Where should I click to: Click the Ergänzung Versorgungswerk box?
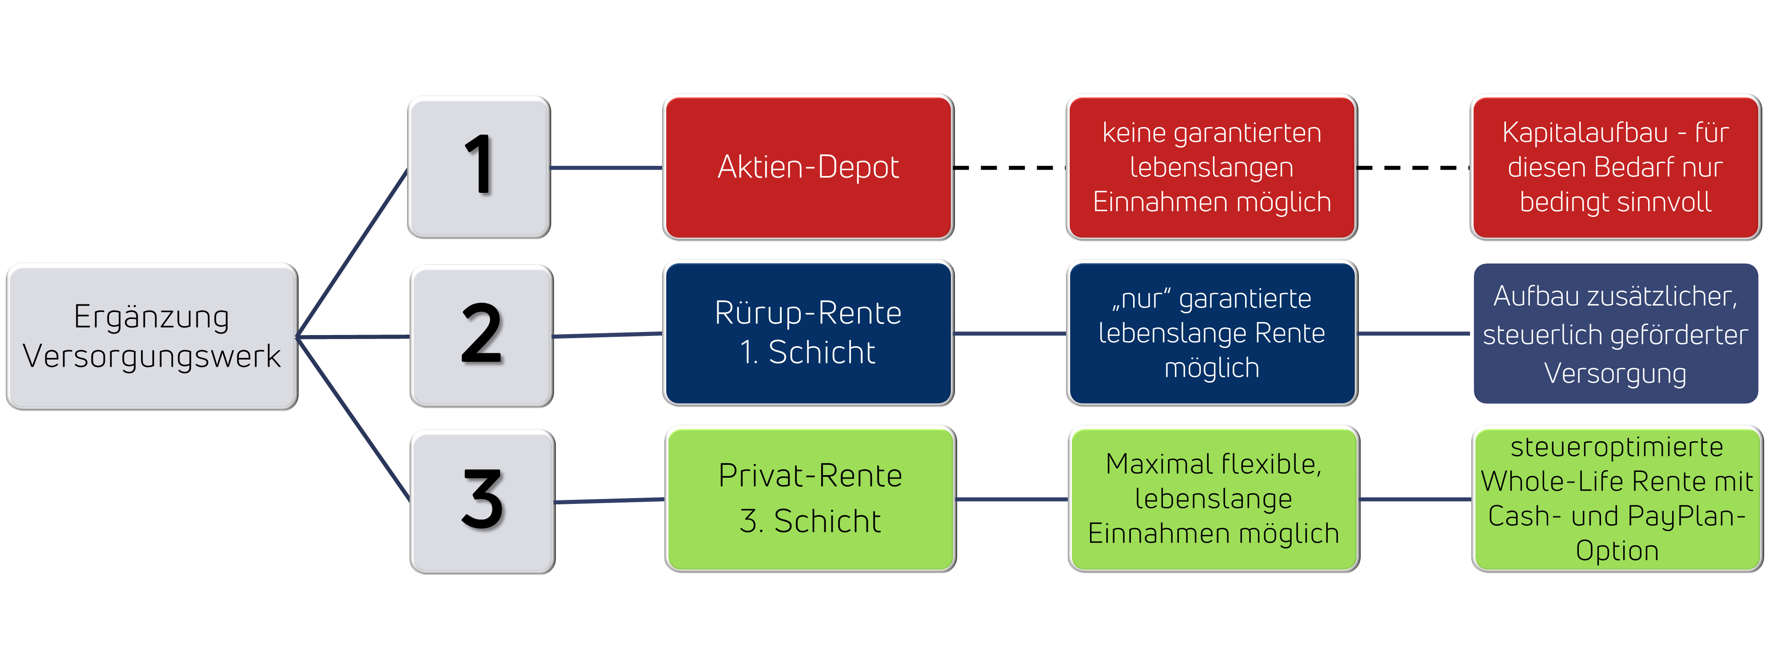coord(152,336)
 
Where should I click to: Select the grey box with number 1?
coord(479,167)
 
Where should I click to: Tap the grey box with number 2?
coord(481,336)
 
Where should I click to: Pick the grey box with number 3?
coord(482,501)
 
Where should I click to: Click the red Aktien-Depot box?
coord(807,167)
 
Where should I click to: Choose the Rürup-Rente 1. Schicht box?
coord(807,332)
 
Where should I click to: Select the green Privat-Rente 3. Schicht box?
coord(810,498)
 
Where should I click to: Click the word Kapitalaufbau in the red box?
coord(1585,133)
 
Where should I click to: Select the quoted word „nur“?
coord(1141,299)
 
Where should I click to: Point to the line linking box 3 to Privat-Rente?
coord(608,500)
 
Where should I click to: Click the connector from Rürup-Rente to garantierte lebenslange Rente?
coord(1010,333)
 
